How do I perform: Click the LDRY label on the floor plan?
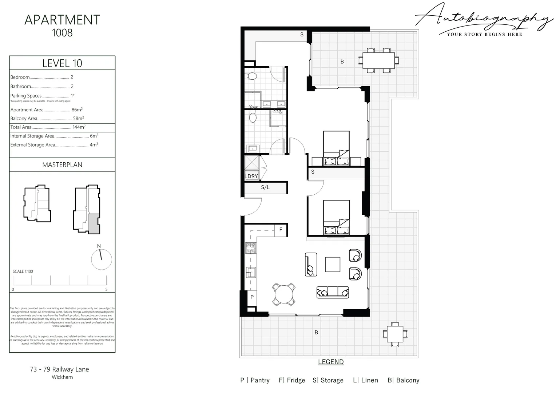251,176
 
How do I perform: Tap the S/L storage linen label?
265,187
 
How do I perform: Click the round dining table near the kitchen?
284,294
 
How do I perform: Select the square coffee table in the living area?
333,265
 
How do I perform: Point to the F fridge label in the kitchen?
281,230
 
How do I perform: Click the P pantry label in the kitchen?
252,297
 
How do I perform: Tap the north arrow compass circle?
101,259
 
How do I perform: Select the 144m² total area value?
79,127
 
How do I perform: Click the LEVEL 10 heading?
62,63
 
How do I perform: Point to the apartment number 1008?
62,33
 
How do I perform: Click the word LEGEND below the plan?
331,362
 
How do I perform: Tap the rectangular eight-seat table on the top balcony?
378,60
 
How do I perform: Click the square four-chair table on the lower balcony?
394,334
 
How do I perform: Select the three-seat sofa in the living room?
333,292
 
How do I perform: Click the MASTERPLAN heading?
62,165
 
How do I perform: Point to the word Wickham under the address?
62,377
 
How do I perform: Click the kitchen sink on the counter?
251,271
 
